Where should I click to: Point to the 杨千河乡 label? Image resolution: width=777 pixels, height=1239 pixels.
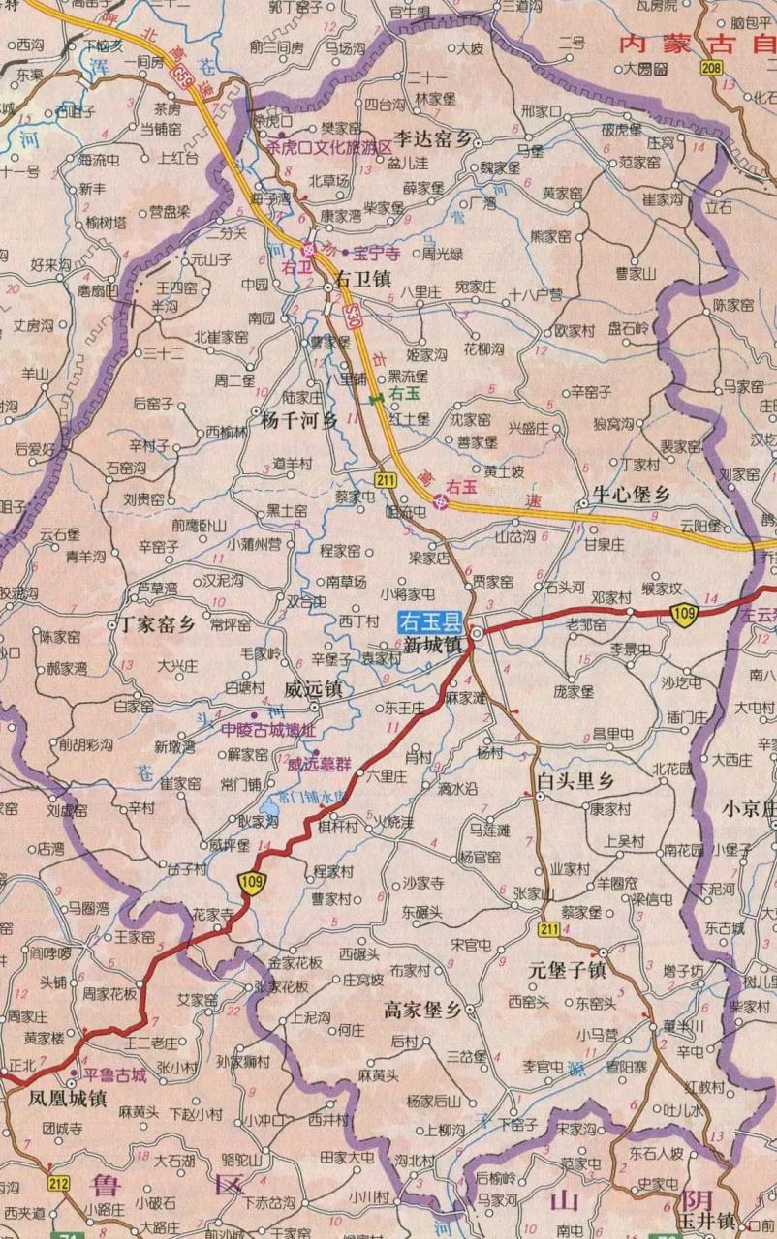pyautogui.click(x=299, y=421)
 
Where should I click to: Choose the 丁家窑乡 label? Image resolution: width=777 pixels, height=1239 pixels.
pyautogui.click(x=157, y=623)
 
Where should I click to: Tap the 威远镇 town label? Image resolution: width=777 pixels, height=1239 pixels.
pyautogui.click(x=312, y=689)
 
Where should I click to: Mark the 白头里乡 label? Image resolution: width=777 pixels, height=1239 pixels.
pyautogui.click(x=576, y=779)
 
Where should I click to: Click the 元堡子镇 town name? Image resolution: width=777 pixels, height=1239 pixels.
pyautogui.click(x=567, y=969)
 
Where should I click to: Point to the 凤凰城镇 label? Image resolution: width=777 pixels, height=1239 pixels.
pyautogui.click(x=67, y=1098)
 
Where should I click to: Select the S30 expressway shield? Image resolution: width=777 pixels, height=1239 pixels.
pyautogui.click(x=356, y=314)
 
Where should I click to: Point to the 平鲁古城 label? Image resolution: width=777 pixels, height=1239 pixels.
pyautogui.click(x=113, y=1074)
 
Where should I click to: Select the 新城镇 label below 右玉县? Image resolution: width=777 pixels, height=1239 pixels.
pyautogui.click(x=433, y=645)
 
